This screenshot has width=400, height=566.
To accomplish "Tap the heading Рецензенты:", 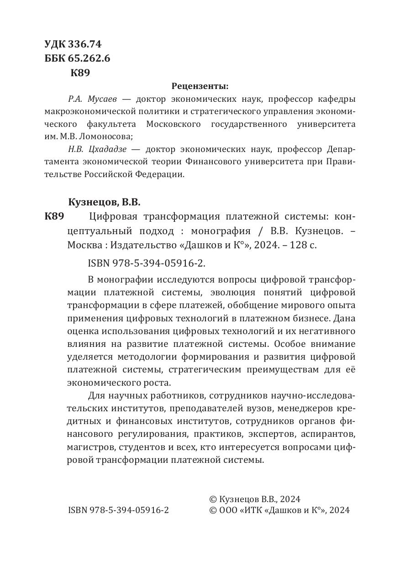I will (200, 85).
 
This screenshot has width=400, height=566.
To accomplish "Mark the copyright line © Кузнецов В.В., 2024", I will (254, 499).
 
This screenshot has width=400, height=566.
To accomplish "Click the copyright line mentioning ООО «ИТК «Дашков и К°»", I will (279, 510).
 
